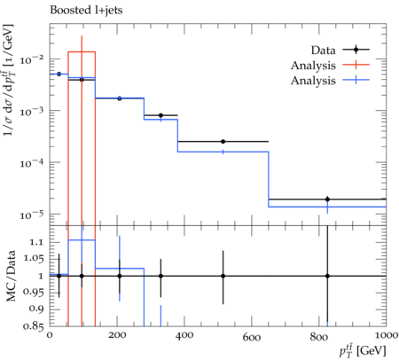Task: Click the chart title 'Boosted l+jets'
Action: pos(86,11)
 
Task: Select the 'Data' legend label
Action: pos(323,51)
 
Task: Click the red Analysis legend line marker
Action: pos(356,65)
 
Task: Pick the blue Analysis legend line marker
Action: pos(356,80)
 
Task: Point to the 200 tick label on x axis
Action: pos(117,336)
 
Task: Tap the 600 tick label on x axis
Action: pos(252,337)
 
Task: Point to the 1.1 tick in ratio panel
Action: pos(37,243)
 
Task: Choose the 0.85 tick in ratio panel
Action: pos(34,326)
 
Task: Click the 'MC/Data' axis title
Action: pos(11,276)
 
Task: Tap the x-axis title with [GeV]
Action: pos(363,351)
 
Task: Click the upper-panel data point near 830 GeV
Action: pos(327,200)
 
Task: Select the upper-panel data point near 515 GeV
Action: pos(223,142)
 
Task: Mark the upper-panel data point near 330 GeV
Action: pos(160,115)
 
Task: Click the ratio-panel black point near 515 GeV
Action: pos(223,276)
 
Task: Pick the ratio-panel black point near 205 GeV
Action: pos(120,276)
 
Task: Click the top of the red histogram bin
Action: pos(82,52)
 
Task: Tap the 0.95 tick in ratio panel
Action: pos(34,293)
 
